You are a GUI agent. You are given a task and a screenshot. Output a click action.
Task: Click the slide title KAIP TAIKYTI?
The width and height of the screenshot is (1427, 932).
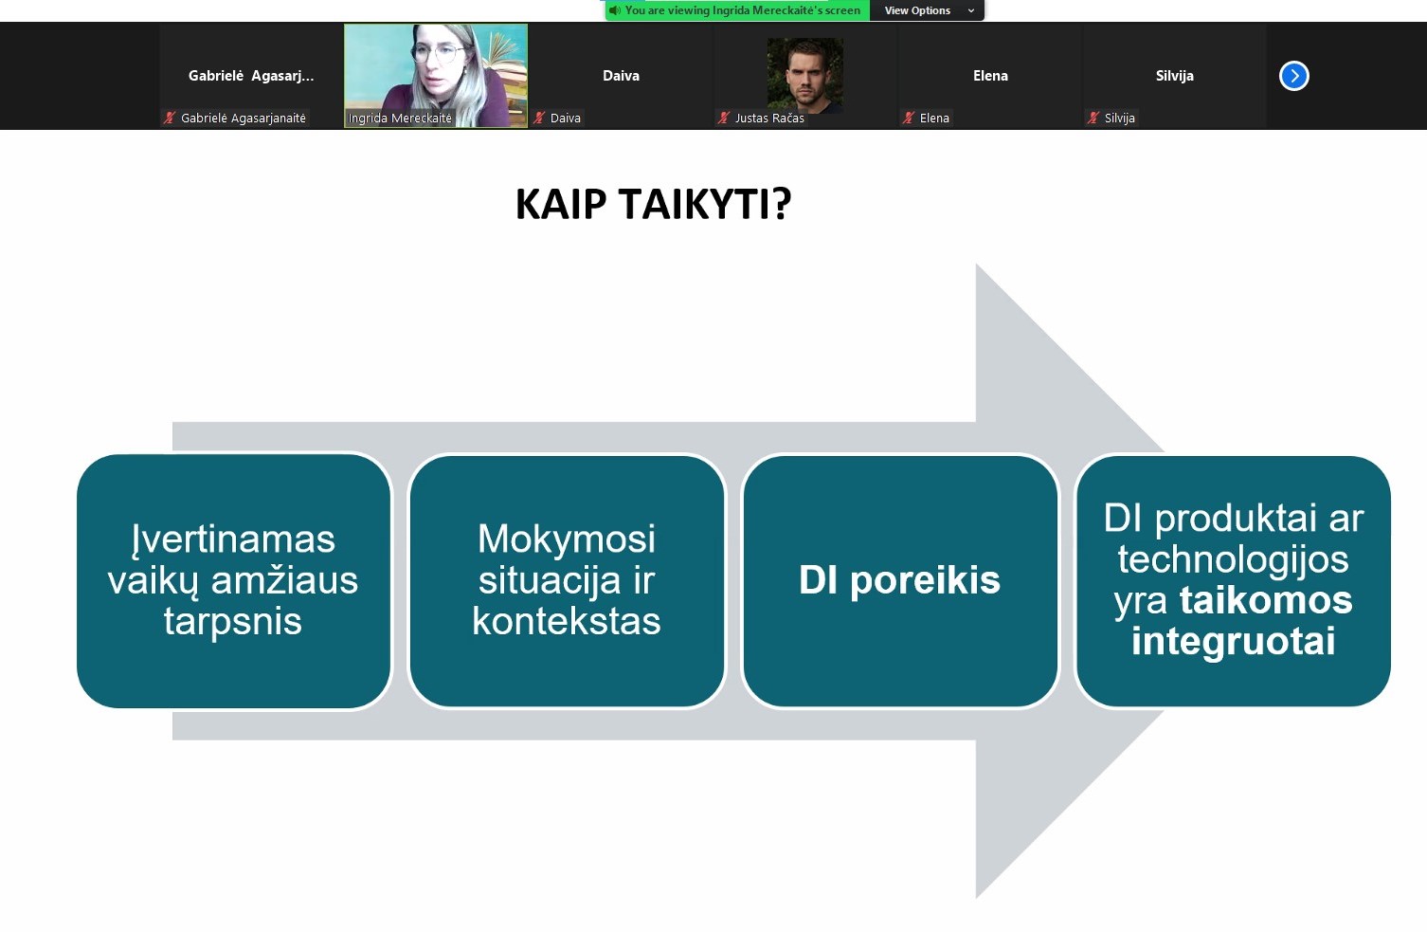653,205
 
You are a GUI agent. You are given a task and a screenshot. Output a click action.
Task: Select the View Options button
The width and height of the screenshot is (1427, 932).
927,10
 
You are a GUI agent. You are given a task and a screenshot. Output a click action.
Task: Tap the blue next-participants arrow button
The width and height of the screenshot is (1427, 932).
1293,76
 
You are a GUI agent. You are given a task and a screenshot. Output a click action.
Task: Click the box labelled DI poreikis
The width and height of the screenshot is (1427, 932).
900,581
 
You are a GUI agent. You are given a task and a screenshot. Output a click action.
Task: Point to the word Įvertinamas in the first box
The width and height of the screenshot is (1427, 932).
233,539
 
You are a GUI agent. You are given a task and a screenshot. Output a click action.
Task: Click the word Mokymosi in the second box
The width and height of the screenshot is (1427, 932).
567,539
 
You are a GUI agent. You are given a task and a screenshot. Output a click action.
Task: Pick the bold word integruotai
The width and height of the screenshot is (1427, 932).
1234,641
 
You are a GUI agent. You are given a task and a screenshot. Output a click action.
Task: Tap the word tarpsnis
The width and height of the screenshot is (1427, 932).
232,621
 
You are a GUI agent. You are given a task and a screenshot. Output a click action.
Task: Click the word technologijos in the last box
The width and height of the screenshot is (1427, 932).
1234,559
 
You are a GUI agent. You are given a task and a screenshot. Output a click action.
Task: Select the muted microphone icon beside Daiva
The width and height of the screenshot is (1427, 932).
539,118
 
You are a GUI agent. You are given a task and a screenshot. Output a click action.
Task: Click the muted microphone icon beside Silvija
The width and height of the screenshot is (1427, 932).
1093,118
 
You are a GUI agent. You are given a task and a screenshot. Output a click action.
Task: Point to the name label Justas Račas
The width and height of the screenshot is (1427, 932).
769,118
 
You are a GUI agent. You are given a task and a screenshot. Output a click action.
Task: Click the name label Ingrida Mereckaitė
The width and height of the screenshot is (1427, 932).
400,118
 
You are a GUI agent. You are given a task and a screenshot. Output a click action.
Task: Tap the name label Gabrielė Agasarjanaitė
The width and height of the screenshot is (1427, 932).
244,118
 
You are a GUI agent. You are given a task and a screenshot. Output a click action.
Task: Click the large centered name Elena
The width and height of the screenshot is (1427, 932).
990,76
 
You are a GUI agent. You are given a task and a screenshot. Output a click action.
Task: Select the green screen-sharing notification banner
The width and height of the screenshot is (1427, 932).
738,10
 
